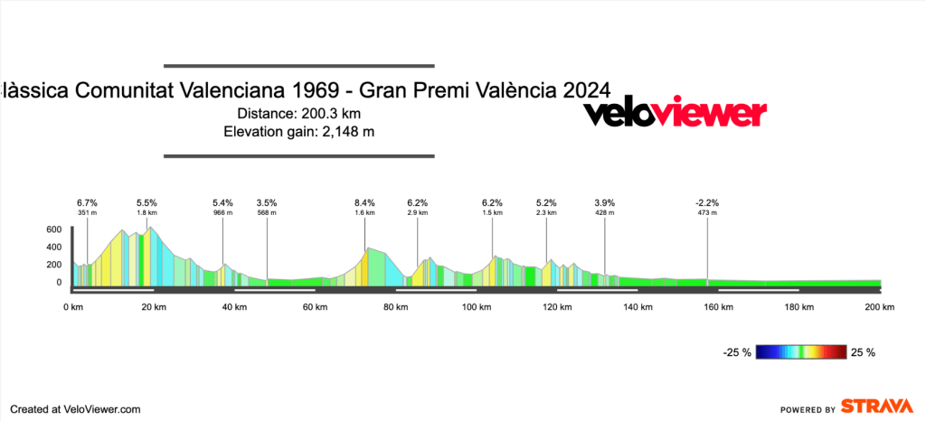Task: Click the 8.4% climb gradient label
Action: (x=364, y=202)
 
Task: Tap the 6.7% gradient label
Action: (x=87, y=202)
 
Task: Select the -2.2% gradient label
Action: (x=707, y=202)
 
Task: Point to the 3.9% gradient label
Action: (x=604, y=202)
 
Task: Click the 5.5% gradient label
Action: (x=146, y=202)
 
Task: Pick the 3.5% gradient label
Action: (x=267, y=202)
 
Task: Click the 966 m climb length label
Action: (x=222, y=213)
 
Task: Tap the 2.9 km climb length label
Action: (x=417, y=213)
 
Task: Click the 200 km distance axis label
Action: (x=879, y=307)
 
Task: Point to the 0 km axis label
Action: (x=73, y=307)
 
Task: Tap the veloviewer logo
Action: (x=675, y=114)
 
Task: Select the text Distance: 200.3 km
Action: (x=299, y=114)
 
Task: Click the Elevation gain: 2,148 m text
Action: (x=299, y=132)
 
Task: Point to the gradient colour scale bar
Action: (x=802, y=351)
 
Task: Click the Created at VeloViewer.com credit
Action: (x=76, y=408)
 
